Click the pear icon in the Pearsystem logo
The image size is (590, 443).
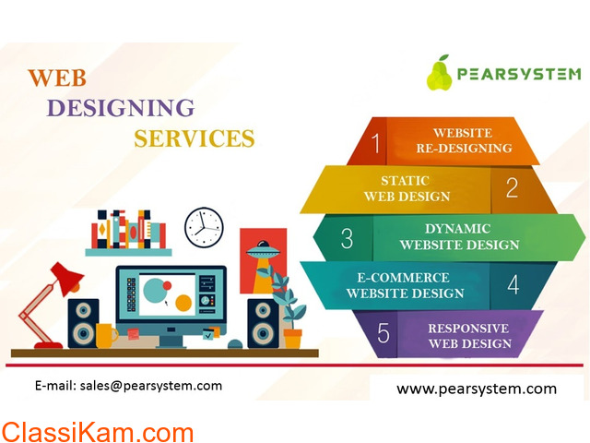click(439, 73)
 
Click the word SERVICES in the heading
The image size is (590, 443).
click(195, 138)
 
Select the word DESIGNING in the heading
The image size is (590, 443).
click(121, 108)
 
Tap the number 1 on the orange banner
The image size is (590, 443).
click(375, 143)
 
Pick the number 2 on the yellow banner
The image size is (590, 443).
click(512, 187)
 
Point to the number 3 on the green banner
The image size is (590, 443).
click(347, 238)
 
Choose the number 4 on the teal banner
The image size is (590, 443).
click(513, 284)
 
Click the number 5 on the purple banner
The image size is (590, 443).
click(383, 332)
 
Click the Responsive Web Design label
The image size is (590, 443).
click(469, 336)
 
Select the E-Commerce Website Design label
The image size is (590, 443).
click(405, 285)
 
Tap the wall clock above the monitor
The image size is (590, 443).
click(204, 227)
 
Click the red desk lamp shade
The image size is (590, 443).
click(67, 278)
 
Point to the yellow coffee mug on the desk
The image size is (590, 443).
click(106, 335)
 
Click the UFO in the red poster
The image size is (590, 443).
click(263, 248)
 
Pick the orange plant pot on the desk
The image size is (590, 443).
click(293, 339)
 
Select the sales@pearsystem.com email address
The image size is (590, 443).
click(151, 386)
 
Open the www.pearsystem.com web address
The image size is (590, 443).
click(477, 389)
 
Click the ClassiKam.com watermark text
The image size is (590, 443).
click(98, 433)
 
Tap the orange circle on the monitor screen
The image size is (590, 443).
click(183, 303)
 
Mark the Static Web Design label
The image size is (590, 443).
click(407, 188)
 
